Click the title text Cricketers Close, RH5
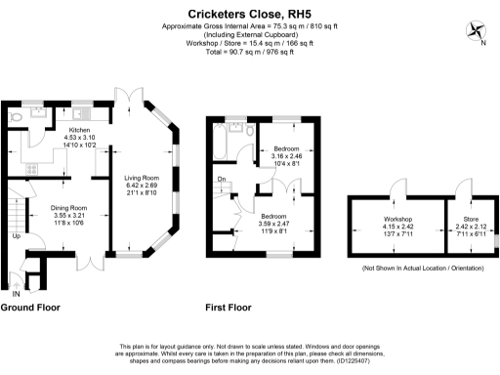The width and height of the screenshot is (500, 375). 249,11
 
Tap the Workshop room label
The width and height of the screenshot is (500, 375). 397,218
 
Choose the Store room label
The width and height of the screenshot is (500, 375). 468,218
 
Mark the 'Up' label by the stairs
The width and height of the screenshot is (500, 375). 16,236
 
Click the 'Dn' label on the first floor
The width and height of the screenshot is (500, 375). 223,180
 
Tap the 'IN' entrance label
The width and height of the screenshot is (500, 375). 15,292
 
